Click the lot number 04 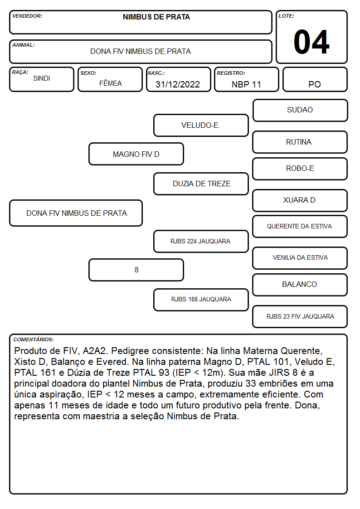pyautogui.click(x=311, y=42)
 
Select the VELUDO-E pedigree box pyautogui.click(x=201, y=125)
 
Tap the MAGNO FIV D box pyautogui.click(x=136, y=154)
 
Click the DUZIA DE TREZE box pyautogui.click(x=201, y=184)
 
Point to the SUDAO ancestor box pyautogui.click(x=300, y=111)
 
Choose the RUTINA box pyautogui.click(x=300, y=142)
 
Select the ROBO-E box pyautogui.click(x=300, y=169)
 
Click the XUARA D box pyautogui.click(x=300, y=200)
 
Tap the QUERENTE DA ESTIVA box pyautogui.click(x=300, y=226)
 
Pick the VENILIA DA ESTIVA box pyautogui.click(x=300, y=258)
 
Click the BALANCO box pyautogui.click(x=300, y=285)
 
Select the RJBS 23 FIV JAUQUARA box pyautogui.click(x=300, y=316)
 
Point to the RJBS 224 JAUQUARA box pyautogui.click(x=201, y=241)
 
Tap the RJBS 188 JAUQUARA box pyautogui.click(x=201, y=300)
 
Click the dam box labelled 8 pyautogui.click(x=136, y=270)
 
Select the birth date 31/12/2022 pyautogui.click(x=178, y=84)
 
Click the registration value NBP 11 pyautogui.click(x=246, y=84)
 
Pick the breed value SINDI pyautogui.click(x=42, y=78)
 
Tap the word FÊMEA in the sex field pyautogui.click(x=110, y=83)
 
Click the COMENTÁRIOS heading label pyautogui.click(x=34, y=339)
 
